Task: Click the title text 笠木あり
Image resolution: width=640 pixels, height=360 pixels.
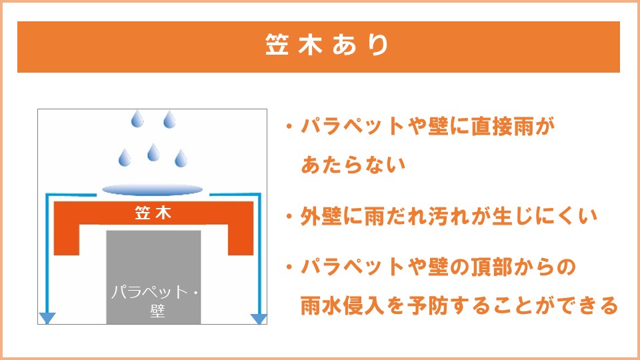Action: tap(327, 45)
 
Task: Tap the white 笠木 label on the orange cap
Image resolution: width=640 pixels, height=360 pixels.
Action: tap(153, 213)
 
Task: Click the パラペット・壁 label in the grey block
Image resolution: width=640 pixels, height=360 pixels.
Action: tap(154, 301)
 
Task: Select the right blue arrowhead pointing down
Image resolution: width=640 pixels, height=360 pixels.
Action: tap(259, 319)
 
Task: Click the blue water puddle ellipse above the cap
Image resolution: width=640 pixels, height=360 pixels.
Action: tap(152, 190)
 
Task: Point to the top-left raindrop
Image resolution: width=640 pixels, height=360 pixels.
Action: tap(137, 119)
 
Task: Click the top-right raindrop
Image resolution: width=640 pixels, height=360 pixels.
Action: tap(169, 119)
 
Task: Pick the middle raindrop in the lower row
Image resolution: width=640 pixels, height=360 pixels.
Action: tap(153, 152)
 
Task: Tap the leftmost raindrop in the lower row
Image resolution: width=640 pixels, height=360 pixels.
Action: tap(125, 157)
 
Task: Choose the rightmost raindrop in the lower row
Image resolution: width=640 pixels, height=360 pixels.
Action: tap(181, 159)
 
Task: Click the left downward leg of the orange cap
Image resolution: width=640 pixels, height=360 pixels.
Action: tap(67, 239)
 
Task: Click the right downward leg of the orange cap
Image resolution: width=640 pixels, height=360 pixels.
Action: tap(241, 239)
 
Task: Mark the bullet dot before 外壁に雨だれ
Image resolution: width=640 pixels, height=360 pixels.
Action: tap(289, 216)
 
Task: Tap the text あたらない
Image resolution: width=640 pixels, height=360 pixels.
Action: tap(353, 165)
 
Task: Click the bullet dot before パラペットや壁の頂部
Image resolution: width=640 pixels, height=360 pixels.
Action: tap(289, 267)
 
